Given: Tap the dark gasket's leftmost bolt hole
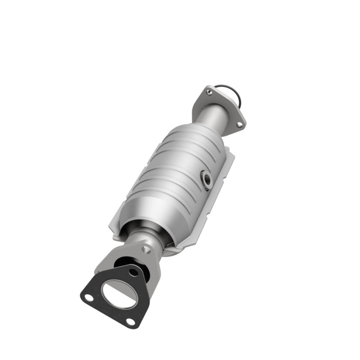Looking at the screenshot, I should click(x=86, y=297).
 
